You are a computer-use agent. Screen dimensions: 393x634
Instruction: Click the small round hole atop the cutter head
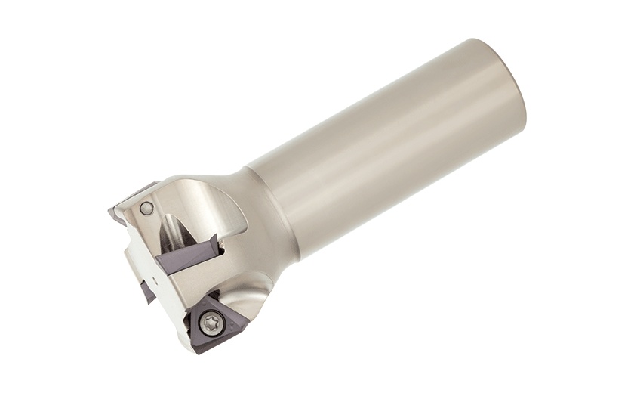147,208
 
